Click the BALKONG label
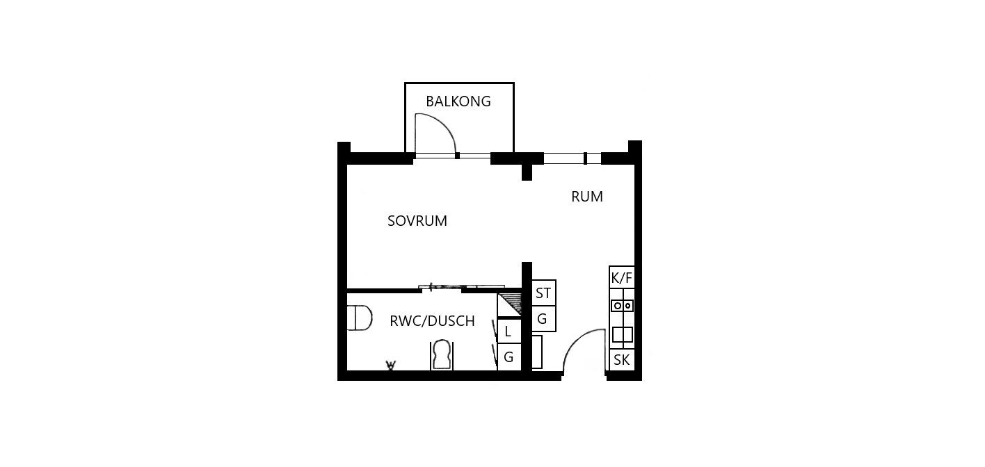458,101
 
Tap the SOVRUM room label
417,221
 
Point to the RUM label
587,197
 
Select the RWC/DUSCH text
432,321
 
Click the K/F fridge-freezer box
622,277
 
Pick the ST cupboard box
544,293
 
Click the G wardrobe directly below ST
544,318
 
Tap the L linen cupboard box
509,331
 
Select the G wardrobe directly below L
509,357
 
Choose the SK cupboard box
622,360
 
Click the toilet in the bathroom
360,318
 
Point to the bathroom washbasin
442,355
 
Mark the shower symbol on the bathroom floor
390,365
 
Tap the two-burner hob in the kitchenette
622,305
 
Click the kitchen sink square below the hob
622,335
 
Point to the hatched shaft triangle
511,303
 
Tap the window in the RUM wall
572,158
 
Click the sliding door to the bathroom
461,287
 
